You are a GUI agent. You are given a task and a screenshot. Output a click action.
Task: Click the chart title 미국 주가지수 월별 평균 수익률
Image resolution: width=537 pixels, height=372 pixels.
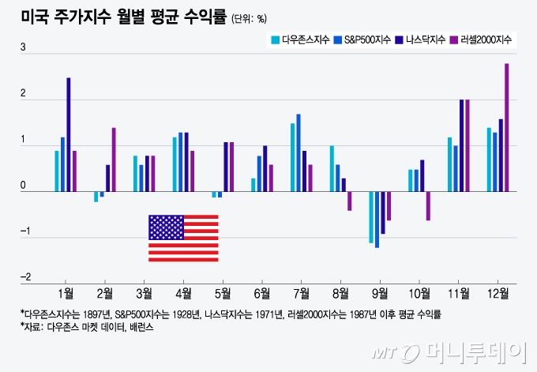click(x=123, y=16)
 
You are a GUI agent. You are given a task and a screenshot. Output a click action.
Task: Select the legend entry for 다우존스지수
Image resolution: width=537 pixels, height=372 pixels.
click(x=303, y=39)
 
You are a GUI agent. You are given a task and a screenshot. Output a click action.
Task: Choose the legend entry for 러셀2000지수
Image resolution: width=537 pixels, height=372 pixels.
click(x=483, y=39)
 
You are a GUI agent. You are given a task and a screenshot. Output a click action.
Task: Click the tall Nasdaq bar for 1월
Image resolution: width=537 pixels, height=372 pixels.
click(x=69, y=134)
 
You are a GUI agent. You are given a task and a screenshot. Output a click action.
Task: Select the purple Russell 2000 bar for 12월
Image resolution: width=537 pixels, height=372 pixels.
click(x=506, y=127)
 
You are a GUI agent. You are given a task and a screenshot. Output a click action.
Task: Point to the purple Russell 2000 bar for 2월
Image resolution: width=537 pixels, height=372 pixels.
click(x=114, y=159)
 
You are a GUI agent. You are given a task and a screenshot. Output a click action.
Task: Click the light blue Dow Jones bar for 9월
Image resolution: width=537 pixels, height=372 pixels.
click(x=370, y=216)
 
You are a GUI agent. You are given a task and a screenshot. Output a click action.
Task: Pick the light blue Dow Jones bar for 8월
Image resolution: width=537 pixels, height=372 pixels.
click(x=332, y=168)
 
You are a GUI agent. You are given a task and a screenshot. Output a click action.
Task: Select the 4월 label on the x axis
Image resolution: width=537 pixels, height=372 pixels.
click(x=183, y=294)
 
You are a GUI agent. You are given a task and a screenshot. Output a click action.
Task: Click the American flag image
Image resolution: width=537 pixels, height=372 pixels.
click(x=183, y=238)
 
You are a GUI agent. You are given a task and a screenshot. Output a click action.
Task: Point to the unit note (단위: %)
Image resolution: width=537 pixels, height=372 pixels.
click(x=250, y=18)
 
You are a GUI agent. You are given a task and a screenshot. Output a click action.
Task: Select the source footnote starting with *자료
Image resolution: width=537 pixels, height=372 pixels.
click(x=87, y=326)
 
